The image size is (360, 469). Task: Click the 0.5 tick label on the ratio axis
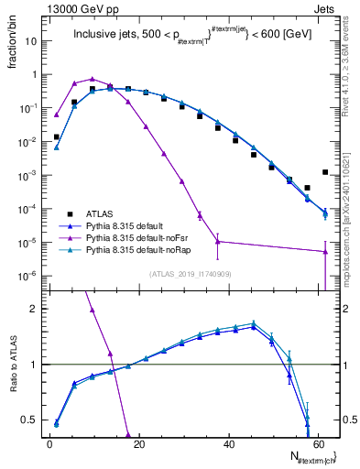(30, 420)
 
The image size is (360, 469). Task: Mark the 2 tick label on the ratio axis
(34, 309)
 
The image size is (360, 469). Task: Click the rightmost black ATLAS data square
(325, 171)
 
